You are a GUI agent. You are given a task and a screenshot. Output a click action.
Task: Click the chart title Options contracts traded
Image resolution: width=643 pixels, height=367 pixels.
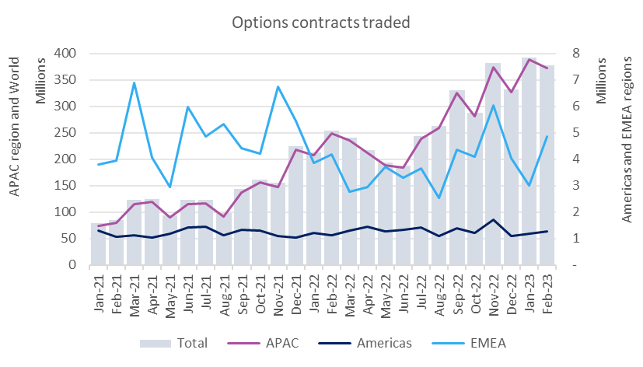coord(321,22)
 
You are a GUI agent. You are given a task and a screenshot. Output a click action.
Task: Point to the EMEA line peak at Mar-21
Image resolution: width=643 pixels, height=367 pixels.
coord(134,82)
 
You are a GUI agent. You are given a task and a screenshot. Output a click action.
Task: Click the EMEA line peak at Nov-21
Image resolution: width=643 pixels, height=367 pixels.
coord(278,86)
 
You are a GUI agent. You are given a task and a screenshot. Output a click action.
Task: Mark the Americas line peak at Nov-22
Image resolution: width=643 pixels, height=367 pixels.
coord(492,219)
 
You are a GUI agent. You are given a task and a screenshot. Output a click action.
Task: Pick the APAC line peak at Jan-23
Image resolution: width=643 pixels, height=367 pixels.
coord(529,59)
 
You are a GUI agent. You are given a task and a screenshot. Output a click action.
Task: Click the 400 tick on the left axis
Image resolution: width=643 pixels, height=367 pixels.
coord(65,54)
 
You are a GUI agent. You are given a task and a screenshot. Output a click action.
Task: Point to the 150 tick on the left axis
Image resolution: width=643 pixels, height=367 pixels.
coord(65,186)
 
